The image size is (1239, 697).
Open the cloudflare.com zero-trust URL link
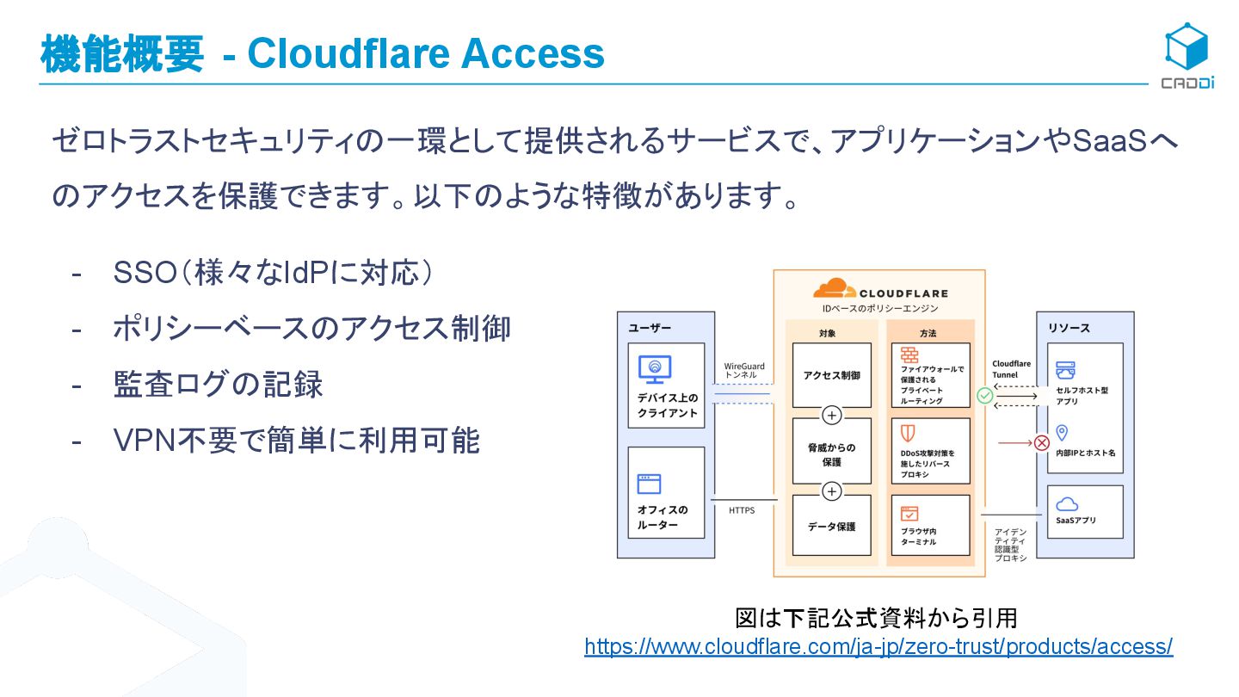coord(878,646)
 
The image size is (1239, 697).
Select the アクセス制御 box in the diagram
coord(831,375)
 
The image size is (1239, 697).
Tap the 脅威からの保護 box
coord(831,454)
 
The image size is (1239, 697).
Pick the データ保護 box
coord(831,526)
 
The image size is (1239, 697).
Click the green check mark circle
coord(985,396)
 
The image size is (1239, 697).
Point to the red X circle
coord(1042,443)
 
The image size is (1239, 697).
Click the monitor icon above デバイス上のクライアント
coord(655,369)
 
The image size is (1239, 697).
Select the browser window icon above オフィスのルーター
coord(649,483)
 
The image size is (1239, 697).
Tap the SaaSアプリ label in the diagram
coord(1076,520)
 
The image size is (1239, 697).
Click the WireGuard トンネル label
coord(744,371)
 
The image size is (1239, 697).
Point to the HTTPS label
coord(742,510)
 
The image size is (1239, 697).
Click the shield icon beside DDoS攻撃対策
coord(908,432)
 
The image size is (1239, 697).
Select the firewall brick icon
coord(909,355)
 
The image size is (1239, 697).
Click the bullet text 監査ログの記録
coord(219,385)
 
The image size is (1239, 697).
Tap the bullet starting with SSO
coord(272,274)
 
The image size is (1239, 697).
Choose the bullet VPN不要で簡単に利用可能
coord(296,441)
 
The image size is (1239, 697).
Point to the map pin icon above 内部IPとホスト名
coord(1062,433)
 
